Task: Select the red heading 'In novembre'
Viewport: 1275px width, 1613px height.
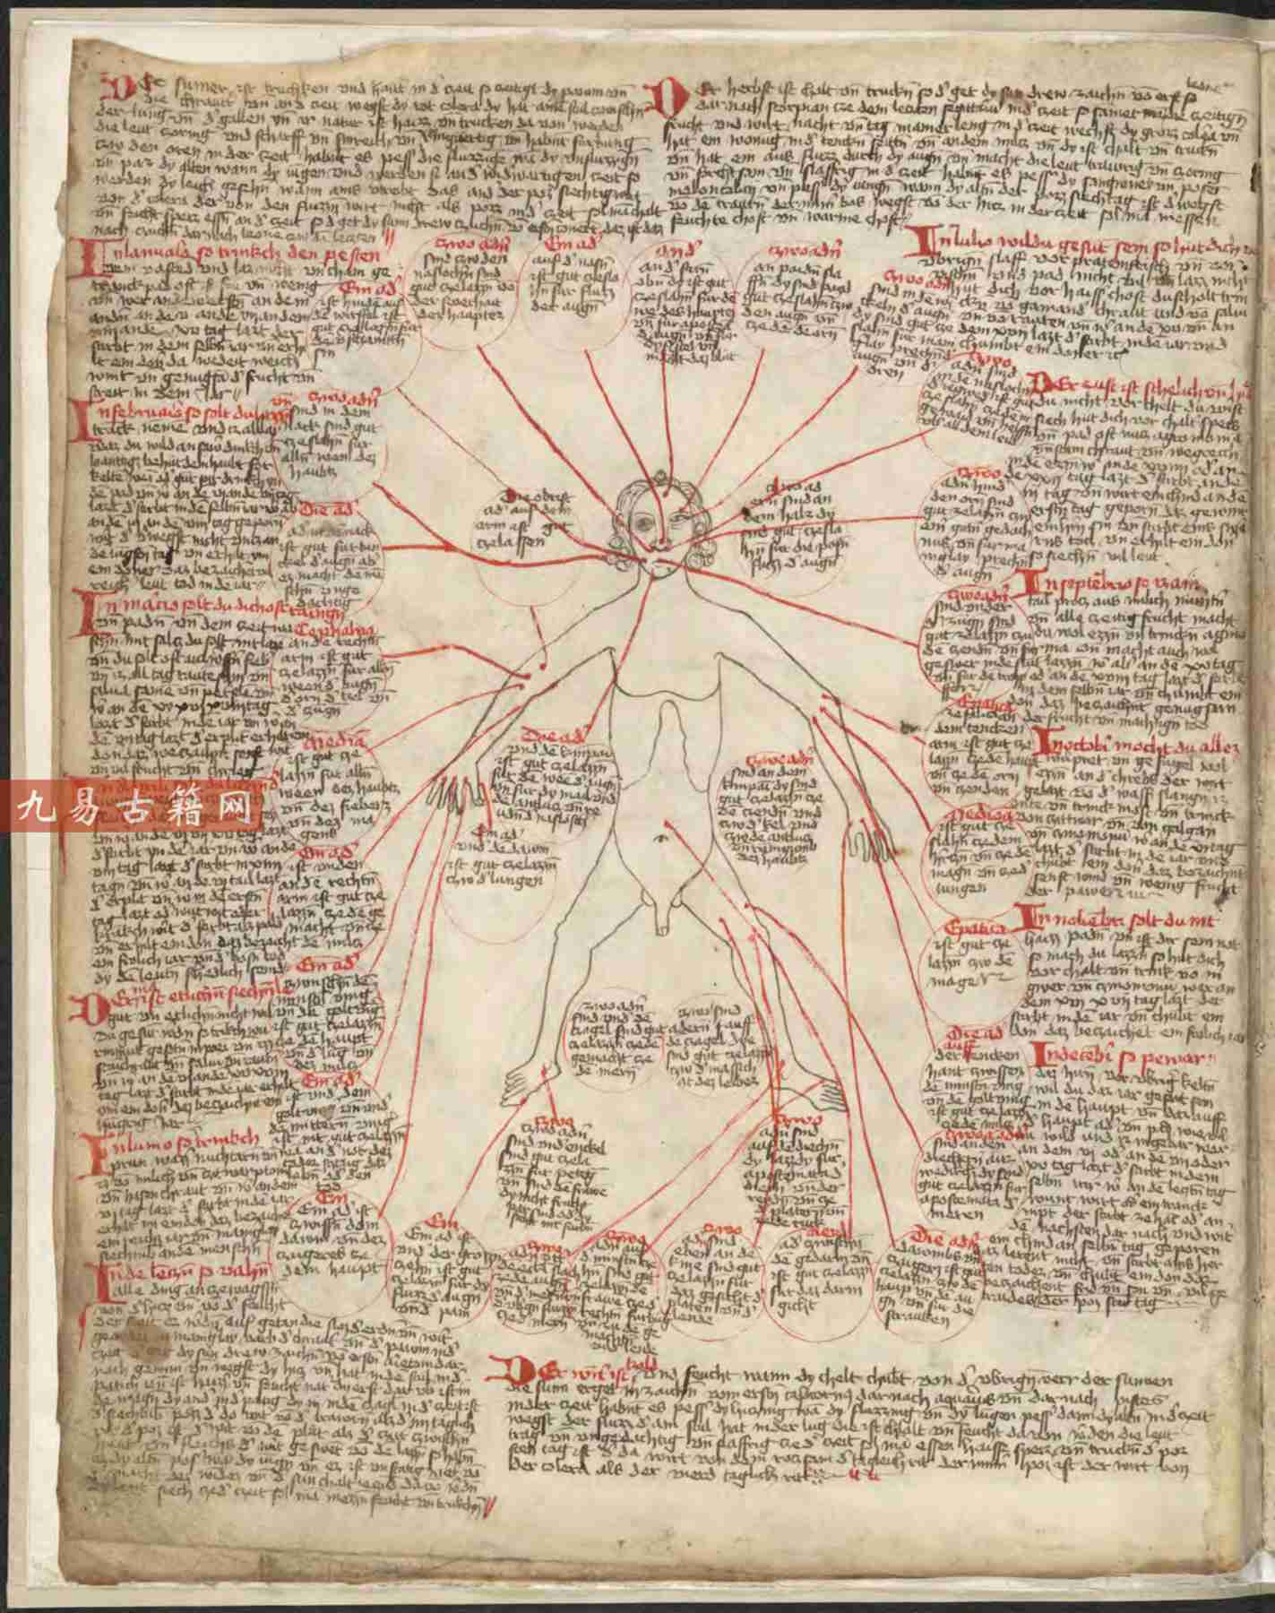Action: click(x=1093, y=916)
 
